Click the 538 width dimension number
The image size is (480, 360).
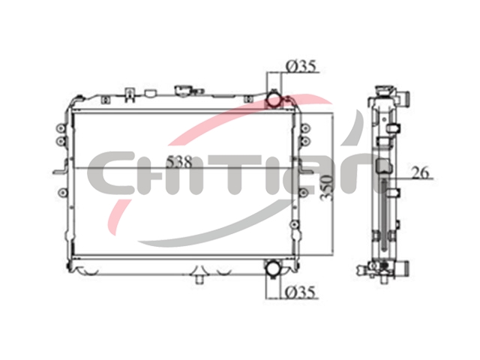coord(179,161)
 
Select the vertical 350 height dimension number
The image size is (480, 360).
coord(326,187)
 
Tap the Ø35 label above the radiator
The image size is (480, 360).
coord(300,66)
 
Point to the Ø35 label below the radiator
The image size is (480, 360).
coord(300,292)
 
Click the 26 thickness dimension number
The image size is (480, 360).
coord(420,172)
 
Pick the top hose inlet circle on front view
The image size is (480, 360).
coord(274,100)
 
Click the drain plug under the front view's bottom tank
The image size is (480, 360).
coord(199,279)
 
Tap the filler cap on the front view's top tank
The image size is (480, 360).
coord(183,91)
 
